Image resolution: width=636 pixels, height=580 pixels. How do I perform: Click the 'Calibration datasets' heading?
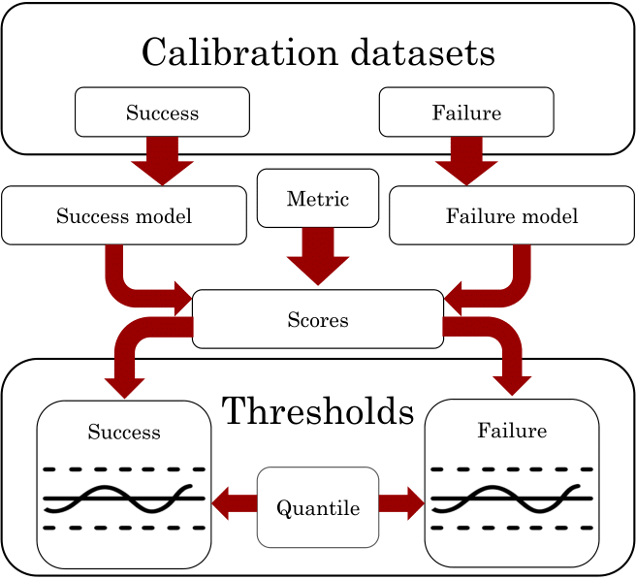(318, 52)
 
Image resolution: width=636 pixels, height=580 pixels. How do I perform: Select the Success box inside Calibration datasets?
(162, 113)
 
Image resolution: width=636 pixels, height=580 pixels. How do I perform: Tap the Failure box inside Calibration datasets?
(466, 113)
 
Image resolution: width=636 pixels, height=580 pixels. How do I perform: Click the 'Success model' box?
(124, 215)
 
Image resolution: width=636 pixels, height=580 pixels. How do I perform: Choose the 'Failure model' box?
(512, 215)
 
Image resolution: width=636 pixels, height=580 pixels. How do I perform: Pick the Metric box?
(317, 199)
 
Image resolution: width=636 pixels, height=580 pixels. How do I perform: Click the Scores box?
(318, 319)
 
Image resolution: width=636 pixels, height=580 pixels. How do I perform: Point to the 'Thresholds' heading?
(318, 411)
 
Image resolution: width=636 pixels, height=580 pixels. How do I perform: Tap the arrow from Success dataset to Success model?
(162, 161)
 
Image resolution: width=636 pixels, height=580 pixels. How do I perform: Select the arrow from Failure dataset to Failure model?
(466, 161)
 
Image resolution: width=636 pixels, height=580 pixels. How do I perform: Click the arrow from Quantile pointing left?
(233, 503)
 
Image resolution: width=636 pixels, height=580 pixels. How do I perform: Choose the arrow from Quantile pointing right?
(401, 503)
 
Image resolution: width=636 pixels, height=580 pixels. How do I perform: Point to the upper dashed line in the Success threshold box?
(124, 469)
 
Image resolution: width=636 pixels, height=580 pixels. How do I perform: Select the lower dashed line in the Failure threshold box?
(511, 529)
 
